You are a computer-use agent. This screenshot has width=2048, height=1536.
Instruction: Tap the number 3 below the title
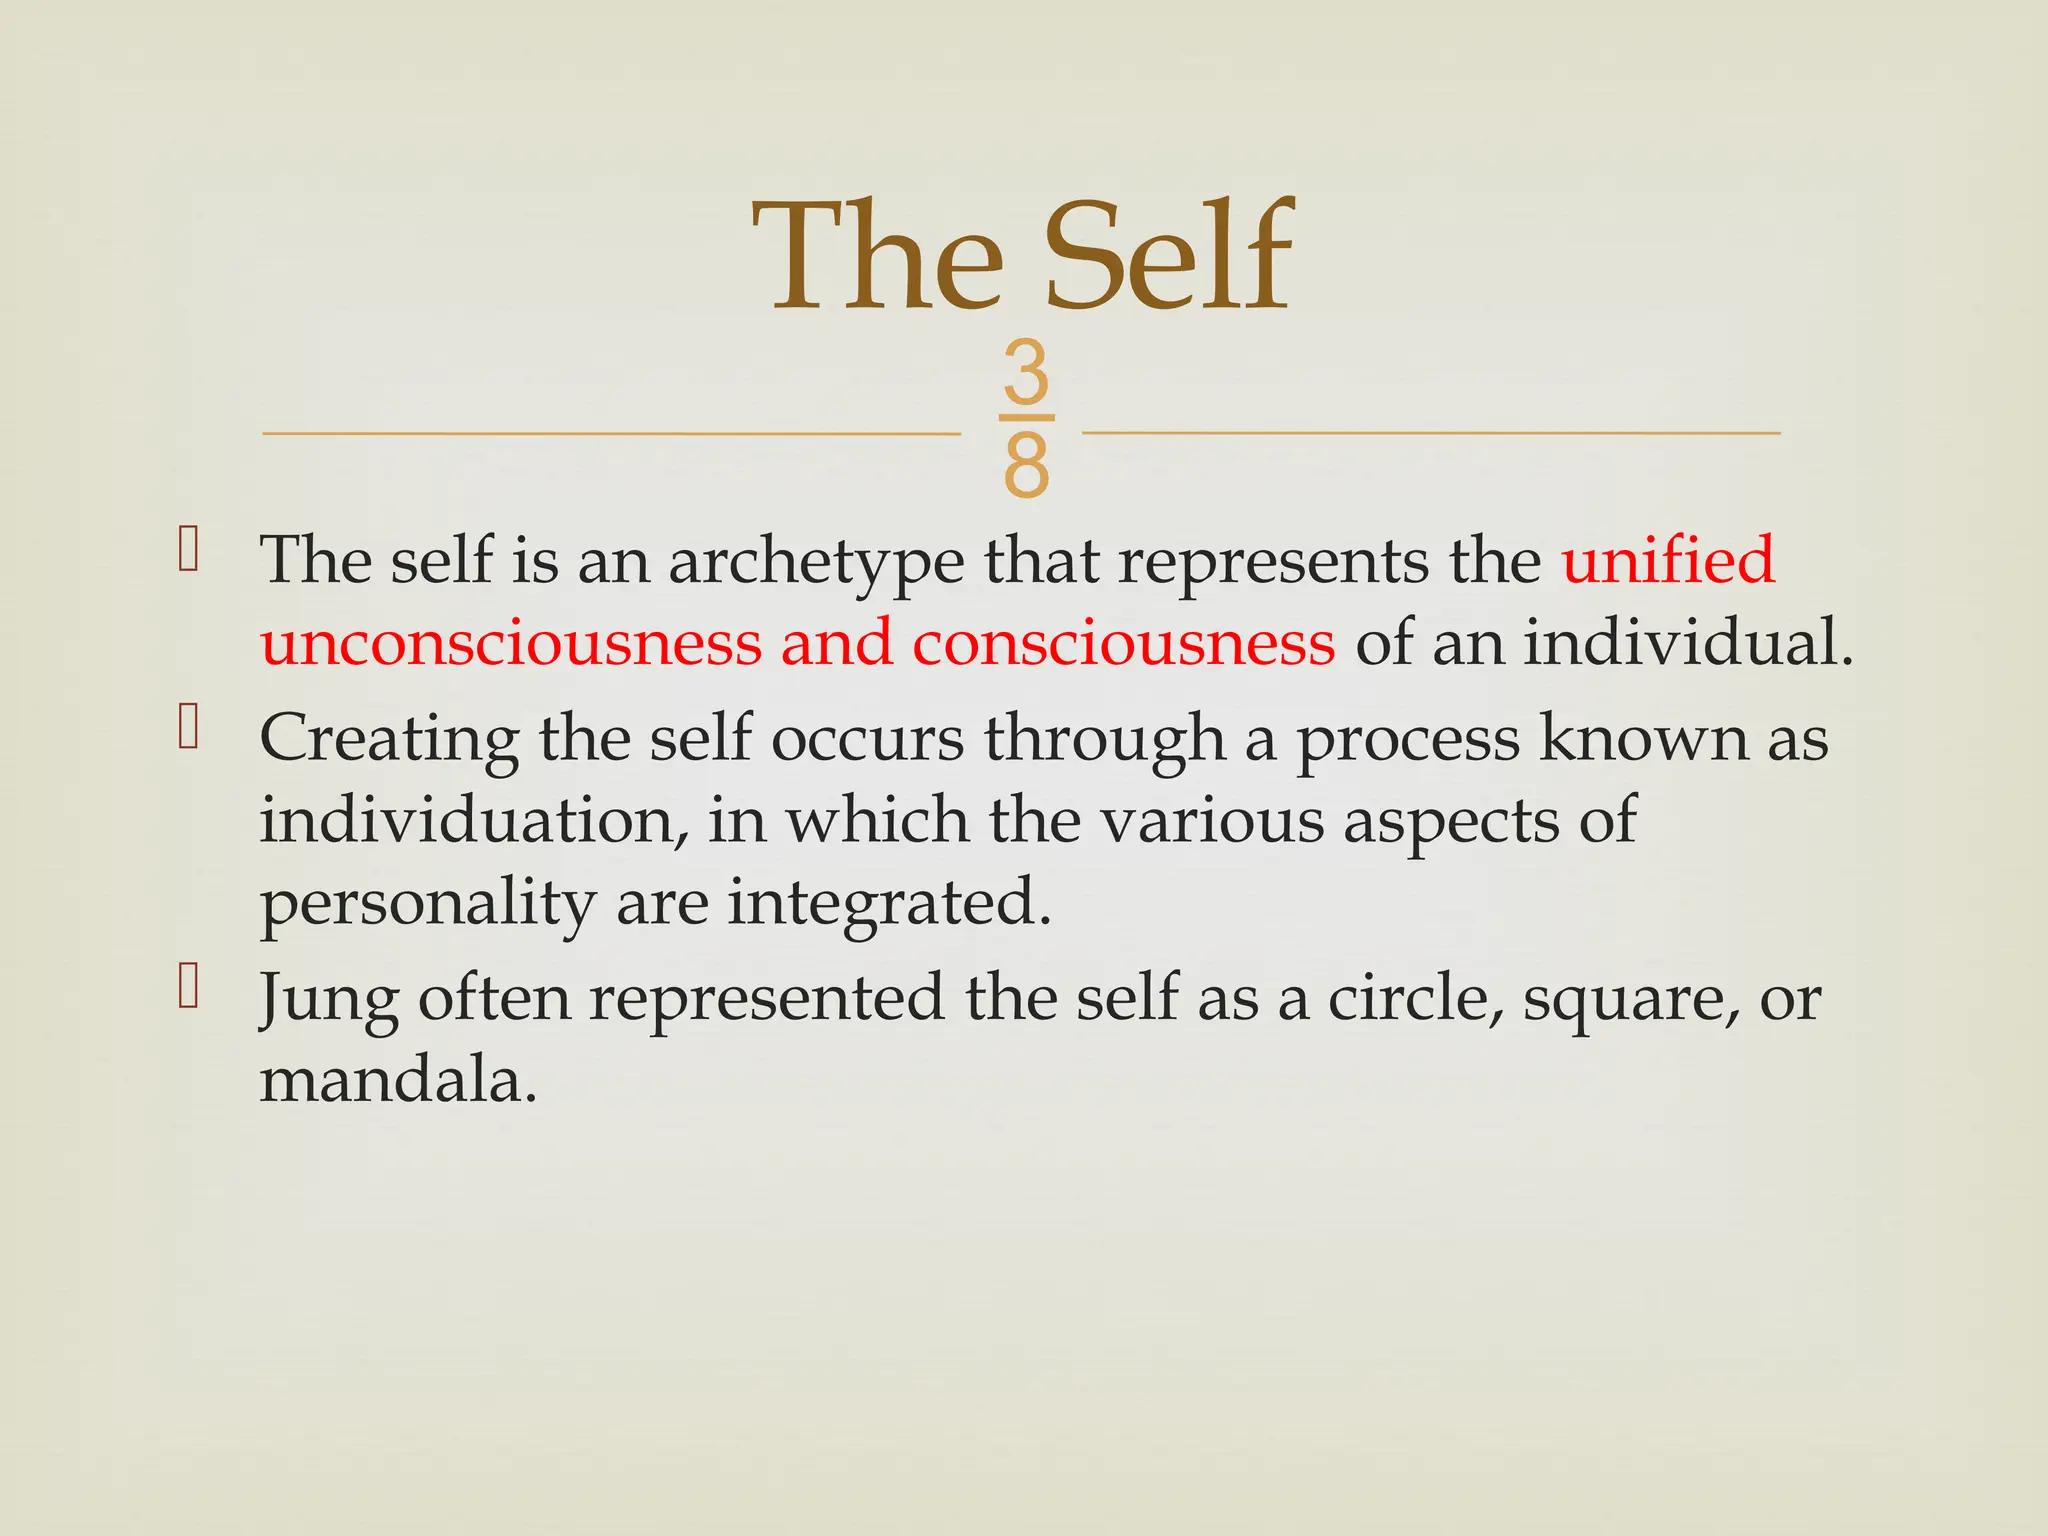(1026, 374)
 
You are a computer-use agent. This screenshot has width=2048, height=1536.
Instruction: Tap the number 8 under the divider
(1026, 466)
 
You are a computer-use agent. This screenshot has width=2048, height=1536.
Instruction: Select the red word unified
(1668, 559)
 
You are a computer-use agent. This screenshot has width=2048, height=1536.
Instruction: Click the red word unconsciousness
(511, 642)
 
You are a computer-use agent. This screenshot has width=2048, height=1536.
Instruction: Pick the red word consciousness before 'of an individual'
(1123, 642)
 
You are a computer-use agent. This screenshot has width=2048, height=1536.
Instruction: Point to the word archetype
(816, 561)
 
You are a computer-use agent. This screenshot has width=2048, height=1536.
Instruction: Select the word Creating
(389, 739)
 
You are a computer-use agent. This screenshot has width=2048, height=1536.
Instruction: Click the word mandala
(398, 1080)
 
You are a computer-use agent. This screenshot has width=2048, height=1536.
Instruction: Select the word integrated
(889, 903)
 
